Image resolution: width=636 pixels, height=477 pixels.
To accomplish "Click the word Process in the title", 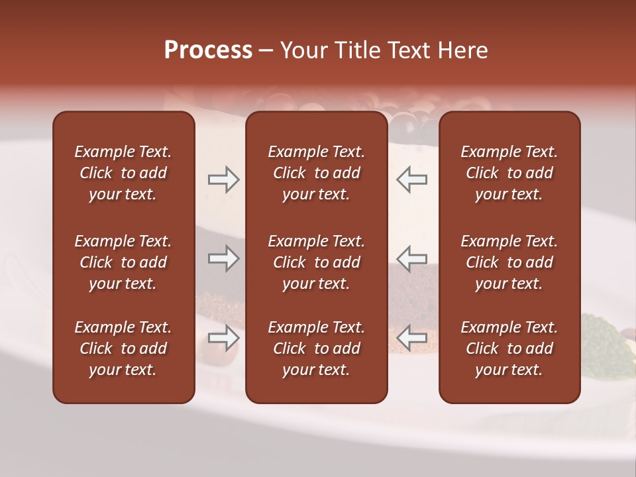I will [x=208, y=50].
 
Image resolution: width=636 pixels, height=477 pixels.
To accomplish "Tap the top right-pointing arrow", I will [x=223, y=180].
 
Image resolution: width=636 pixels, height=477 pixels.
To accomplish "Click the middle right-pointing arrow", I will [x=223, y=258].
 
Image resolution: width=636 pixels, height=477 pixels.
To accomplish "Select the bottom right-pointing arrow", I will [x=223, y=338].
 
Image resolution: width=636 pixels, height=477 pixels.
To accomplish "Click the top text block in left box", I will [x=123, y=173].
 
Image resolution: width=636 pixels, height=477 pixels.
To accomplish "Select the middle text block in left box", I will [x=123, y=262].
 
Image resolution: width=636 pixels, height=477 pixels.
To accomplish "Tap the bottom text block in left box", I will [x=123, y=348].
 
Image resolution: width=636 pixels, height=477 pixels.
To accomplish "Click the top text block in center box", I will [x=316, y=173].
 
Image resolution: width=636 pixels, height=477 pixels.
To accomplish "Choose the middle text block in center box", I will [x=316, y=262].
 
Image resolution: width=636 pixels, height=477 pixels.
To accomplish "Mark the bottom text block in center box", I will [x=316, y=348].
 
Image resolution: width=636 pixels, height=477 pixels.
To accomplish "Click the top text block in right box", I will [x=509, y=173].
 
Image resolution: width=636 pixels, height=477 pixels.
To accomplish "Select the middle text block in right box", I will [x=509, y=262].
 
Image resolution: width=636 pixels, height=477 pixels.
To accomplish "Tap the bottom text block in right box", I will [x=509, y=348].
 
